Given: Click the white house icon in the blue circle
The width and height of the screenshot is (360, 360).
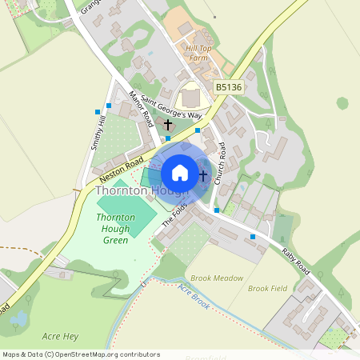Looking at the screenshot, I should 180,173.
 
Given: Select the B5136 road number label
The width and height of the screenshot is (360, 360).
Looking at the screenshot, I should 228,86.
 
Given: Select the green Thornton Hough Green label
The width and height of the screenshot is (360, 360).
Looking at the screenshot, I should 116,228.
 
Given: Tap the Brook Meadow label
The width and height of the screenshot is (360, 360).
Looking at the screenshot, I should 217,278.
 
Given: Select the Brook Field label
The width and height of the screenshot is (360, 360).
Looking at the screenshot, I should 267,288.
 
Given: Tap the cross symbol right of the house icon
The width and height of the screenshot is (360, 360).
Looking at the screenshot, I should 203,174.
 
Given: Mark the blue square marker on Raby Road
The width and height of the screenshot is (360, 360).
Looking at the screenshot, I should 253,237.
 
